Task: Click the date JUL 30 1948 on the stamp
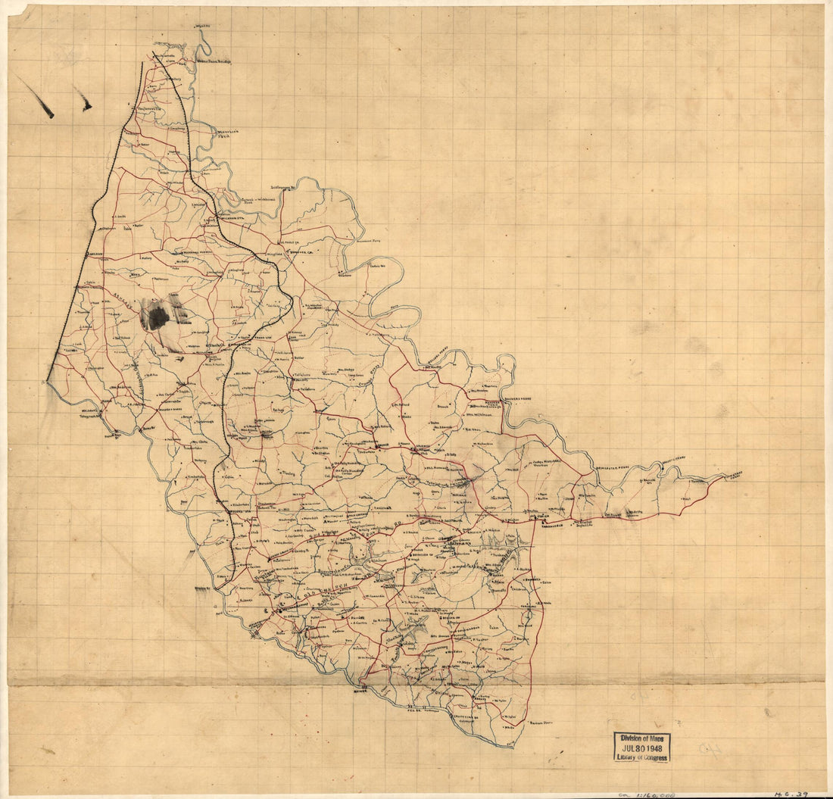point(641,748)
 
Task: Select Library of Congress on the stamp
point(641,757)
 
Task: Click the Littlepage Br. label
point(289,186)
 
